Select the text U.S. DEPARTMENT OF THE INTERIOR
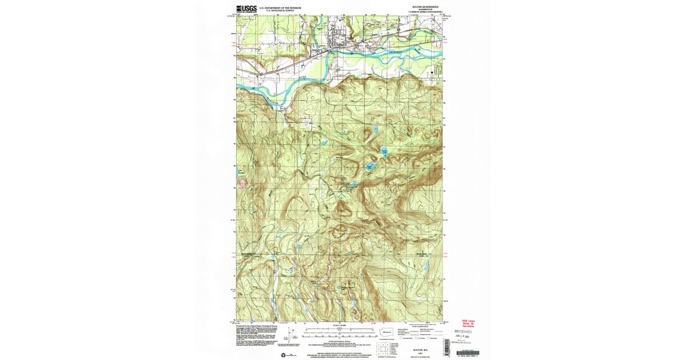point(277,7)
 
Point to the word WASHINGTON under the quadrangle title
point(420,10)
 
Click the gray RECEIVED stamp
point(463,331)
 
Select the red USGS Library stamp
point(467,322)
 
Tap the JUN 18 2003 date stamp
point(464,337)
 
